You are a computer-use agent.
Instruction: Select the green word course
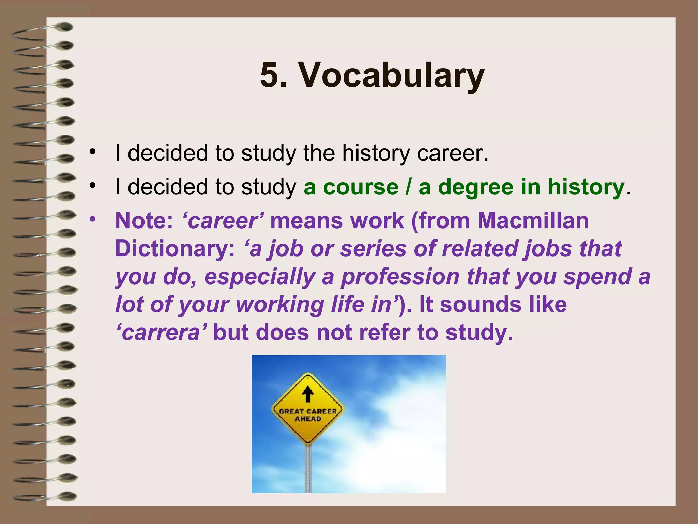tap(361, 187)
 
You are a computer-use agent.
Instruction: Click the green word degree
tap(475, 187)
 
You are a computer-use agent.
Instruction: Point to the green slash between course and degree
tap(408, 187)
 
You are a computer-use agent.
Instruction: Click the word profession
tap(400, 277)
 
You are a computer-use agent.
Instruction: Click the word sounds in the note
tap(481, 305)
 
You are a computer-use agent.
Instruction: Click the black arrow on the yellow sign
tap(308, 394)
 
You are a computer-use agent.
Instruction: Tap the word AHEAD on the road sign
tap(308, 419)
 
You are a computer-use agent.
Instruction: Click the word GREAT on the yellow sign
tap(292, 411)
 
